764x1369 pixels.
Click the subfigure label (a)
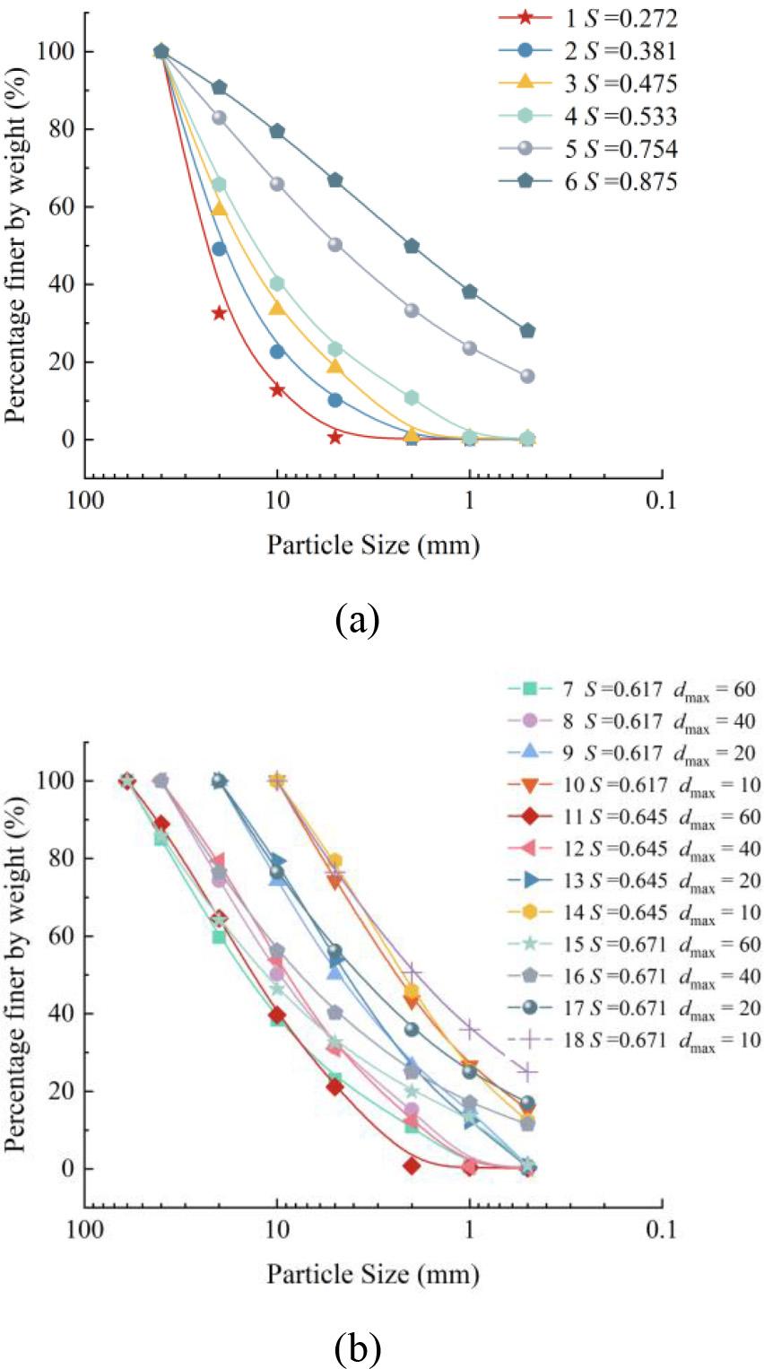coord(358,619)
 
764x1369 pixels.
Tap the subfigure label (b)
coord(358,1346)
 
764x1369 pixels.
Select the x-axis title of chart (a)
coord(372,545)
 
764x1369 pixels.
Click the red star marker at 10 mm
coord(277,389)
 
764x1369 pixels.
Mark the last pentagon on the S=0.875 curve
coord(527,331)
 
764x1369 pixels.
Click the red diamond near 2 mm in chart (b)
coord(412,1165)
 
